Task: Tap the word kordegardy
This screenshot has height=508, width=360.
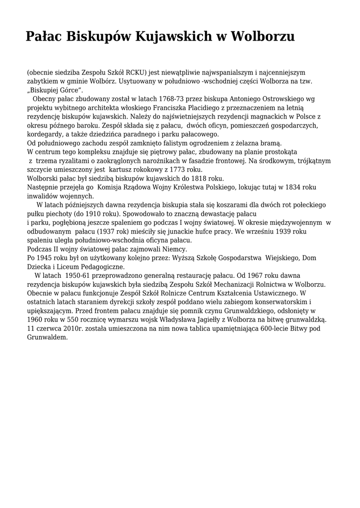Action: tap(44, 134)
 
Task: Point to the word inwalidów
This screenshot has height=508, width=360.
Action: tap(43, 196)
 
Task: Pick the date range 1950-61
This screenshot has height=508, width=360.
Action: tap(80, 275)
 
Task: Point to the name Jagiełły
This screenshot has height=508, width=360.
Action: tap(203, 320)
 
